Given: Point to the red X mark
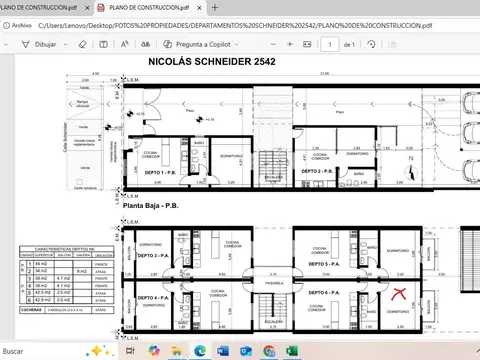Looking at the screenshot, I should [x=400, y=294].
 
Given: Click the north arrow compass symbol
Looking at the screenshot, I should [x=410, y=159].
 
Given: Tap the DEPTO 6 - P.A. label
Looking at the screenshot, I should [x=322, y=292].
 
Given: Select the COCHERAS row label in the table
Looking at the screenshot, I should [x=30, y=310].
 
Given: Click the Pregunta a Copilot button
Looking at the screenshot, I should [x=199, y=44].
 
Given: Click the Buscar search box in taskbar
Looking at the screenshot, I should [x=40, y=351].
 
